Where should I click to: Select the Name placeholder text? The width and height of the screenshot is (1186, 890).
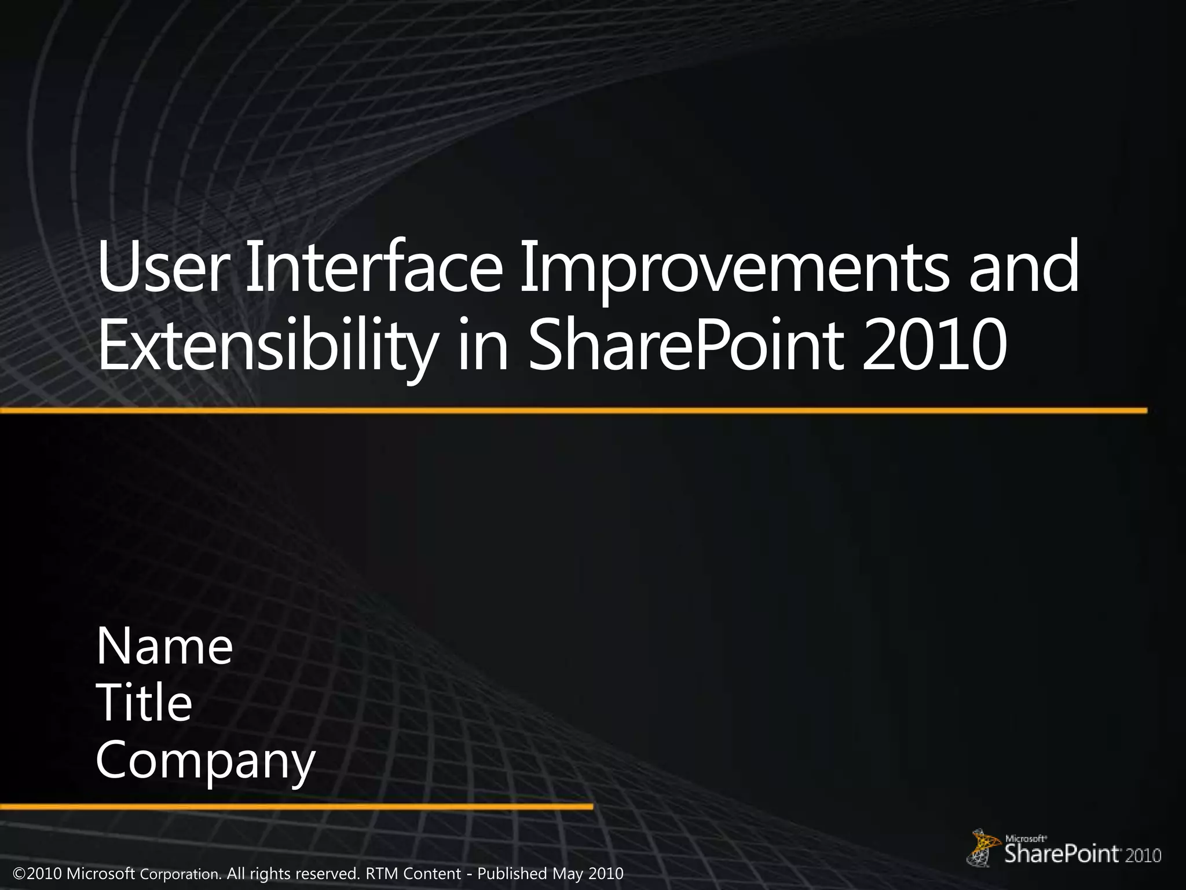pos(164,647)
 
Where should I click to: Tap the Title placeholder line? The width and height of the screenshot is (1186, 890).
pos(144,703)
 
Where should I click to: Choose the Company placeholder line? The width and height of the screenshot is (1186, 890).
pos(206,761)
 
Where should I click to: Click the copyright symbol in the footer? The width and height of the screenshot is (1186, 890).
pos(20,873)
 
